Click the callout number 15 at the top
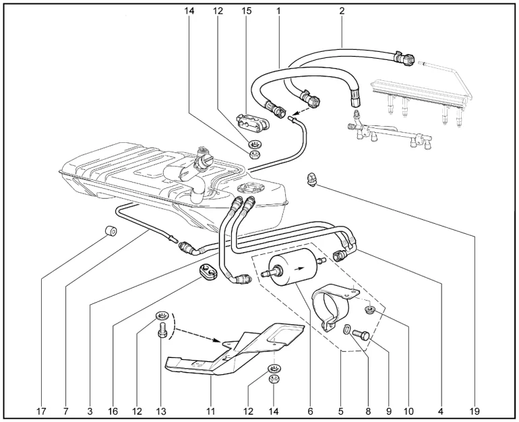click(x=247, y=11)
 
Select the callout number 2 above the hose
click(x=342, y=11)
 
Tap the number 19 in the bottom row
click(x=474, y=411)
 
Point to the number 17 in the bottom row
click(x=41, y=411)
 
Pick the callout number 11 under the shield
click(x=210, y=411)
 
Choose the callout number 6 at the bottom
click(x=310, y=411)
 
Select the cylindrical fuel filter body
click(x=294, y=270)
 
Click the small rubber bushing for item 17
click(x=111, y=231)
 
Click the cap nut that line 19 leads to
click(x=311, y=179)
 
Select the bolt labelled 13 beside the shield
click(x=162, y=330)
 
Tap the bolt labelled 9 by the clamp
click(x=361, y=334)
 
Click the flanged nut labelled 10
click(x=369, y=310)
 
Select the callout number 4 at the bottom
click(x=440, y=411)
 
